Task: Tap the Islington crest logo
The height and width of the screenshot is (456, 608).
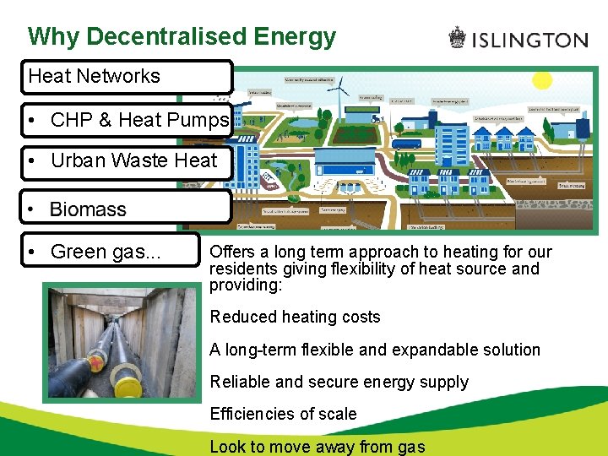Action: coord(457,38)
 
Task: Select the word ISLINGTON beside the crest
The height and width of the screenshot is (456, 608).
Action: coord(529,40)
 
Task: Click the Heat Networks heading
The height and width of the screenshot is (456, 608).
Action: coord(95,76)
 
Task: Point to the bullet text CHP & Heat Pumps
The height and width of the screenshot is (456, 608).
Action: coord(139,120)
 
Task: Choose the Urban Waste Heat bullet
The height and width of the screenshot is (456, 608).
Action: coord(133,160)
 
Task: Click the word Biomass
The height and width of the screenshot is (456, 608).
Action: coord(88,209)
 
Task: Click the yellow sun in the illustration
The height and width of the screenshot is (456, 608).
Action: coord(541,80)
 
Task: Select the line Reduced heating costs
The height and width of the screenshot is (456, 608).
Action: coord(295,318)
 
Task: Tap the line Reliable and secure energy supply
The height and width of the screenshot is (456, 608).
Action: coord(339,382)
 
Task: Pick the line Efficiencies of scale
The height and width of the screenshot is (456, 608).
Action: coord(283,414)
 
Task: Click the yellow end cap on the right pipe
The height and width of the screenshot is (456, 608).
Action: coord(128,388)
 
